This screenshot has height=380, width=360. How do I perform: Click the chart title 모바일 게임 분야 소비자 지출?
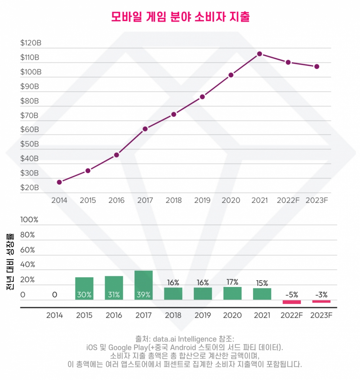coord(180,17)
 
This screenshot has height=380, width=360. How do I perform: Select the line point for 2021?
coord(259,54)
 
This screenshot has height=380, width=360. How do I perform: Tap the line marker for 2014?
coord(59,182)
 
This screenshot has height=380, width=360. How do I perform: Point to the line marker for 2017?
coord(145,129)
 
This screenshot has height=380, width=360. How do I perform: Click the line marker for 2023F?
coord(317,66)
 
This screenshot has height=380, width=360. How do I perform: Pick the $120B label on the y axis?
coord(31,43)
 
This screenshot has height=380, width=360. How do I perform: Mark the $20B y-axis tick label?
coord(30,188)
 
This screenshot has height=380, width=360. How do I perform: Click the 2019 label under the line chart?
coord(202,201)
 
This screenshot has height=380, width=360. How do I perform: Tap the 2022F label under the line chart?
coord(288,201)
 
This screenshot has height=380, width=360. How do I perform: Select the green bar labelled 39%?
coord(143,285)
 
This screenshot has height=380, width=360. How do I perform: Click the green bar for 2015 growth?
coord(84,289)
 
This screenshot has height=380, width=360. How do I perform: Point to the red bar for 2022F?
coord(292,302)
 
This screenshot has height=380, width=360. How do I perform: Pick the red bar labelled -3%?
coord(321,301)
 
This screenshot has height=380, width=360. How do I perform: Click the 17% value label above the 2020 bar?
coord(232,282)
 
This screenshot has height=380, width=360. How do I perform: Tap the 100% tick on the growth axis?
coord(30,220)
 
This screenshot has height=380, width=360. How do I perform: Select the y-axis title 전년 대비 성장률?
coord(10,262)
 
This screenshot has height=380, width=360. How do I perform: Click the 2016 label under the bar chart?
coord(114,315)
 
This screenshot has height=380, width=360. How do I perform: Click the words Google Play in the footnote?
coord(125,347)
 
